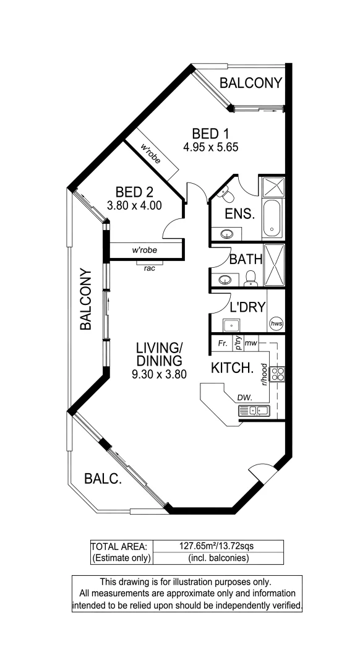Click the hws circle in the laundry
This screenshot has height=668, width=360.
pos(276,323)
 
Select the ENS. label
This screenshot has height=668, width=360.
pos(240,215)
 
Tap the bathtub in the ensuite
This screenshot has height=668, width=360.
pos(272,219)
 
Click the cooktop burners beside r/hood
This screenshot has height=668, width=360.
pos(278,373)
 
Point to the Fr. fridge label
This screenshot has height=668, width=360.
pos(223,342)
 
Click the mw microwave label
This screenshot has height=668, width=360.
pos(251,342)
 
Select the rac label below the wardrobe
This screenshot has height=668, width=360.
pos(148,268)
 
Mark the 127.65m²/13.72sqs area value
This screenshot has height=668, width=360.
pos(217,546)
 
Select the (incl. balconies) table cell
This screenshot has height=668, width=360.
pos(217,558)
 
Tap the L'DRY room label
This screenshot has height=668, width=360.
pos(247,306)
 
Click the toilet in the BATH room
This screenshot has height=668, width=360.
pos(251,279)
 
